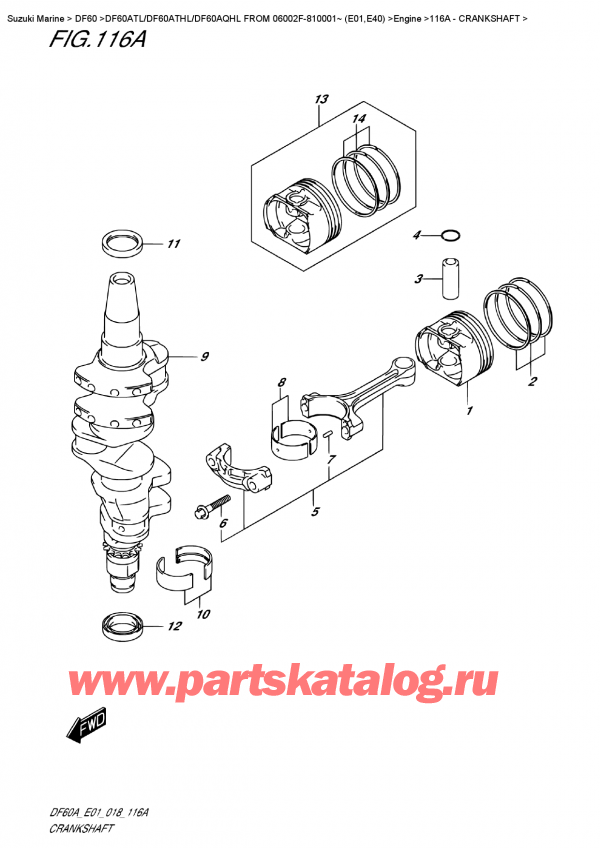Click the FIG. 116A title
click(97, 39)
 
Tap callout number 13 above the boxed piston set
click(321, 100)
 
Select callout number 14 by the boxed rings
click(359, 118)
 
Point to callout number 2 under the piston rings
click(532, 382)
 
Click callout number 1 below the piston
click(470, 411)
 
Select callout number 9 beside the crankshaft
click(204, 357)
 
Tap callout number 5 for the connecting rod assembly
click(316, 512)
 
